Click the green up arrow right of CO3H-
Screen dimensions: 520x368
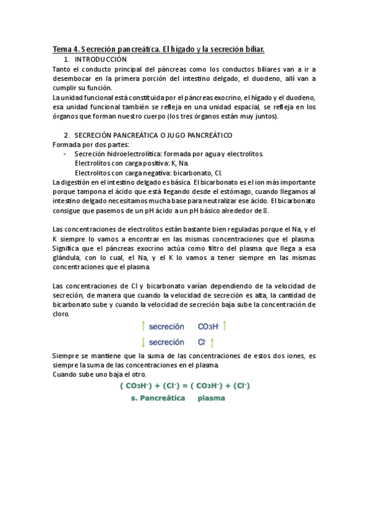tap(225, 326)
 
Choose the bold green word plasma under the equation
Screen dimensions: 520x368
tap(211, 398)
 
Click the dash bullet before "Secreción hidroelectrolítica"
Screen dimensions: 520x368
tap(66, 154)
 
